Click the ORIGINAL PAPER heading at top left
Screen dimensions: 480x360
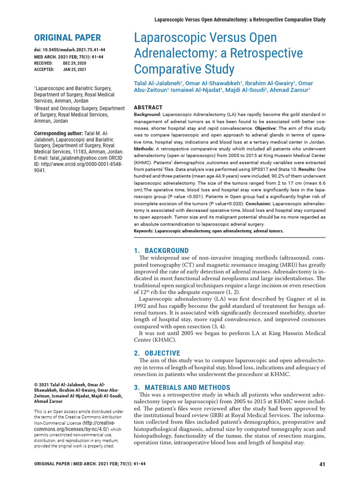pyautogui.click(x=67, y=37)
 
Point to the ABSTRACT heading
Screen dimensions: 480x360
pyautogui.click(x=149, y=107)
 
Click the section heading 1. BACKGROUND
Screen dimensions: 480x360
pyautogui.click(x=161, y=251)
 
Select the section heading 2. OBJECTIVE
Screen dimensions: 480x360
pyautogui.click(x=157, y=353)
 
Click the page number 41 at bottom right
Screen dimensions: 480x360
pyautogui.click(x=322, y=465)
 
